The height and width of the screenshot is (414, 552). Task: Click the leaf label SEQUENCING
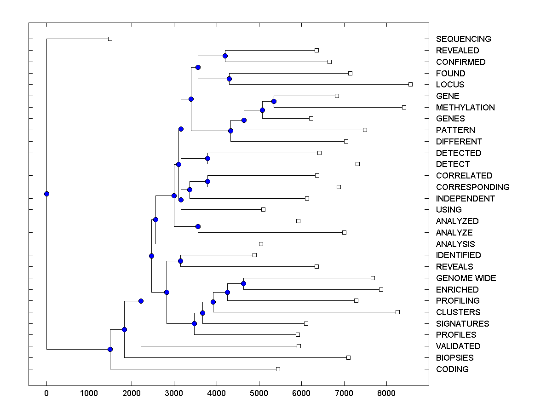(x=463, y=39)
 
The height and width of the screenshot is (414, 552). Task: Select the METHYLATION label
(x=465, y=108)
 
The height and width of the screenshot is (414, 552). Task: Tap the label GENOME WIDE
(x=466, y=278)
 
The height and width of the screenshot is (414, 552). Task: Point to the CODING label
(x=452, y=369)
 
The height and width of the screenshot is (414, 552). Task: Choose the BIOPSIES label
(x=454, y=358)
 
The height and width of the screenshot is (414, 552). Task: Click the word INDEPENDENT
(x=465, y=199)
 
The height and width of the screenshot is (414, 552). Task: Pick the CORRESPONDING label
(x=472, y=187)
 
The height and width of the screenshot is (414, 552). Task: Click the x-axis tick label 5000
(x=259, y=393)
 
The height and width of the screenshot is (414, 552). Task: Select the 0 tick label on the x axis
(x=46, y=393)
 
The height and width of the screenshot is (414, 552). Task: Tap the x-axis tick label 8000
(x=386, y=393)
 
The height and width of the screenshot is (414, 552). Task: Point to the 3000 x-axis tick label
(x=174, y=393)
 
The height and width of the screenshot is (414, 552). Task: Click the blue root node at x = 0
(x=46, y=194)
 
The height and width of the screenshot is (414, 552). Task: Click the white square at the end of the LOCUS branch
(x=411, y=84)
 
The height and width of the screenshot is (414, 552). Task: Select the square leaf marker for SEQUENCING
(x=110, y=39)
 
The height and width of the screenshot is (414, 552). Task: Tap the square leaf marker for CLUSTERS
(x=398, y=312)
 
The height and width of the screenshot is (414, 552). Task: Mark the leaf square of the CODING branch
(x=278, y=369)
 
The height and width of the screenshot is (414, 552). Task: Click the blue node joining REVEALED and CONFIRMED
(x=225, y=56)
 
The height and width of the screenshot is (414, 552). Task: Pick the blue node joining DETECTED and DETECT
(x=207, y=158)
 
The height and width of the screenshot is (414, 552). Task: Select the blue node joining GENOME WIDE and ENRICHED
(x=244, y=284)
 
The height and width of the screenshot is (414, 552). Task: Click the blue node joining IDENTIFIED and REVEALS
(x=180, y=261)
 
